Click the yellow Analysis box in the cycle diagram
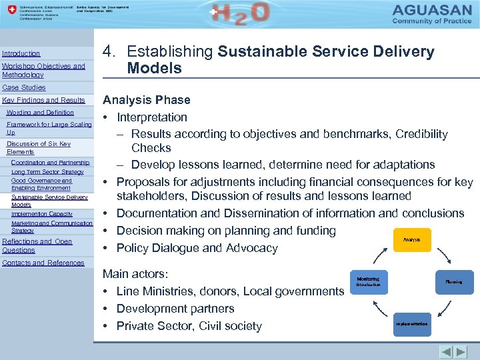411,239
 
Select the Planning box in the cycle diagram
453,281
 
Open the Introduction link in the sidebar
21,53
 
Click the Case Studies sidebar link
23,87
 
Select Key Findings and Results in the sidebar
43,100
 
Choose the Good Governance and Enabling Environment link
41,184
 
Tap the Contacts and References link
43,263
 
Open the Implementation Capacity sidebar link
42,214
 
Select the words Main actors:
135,274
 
